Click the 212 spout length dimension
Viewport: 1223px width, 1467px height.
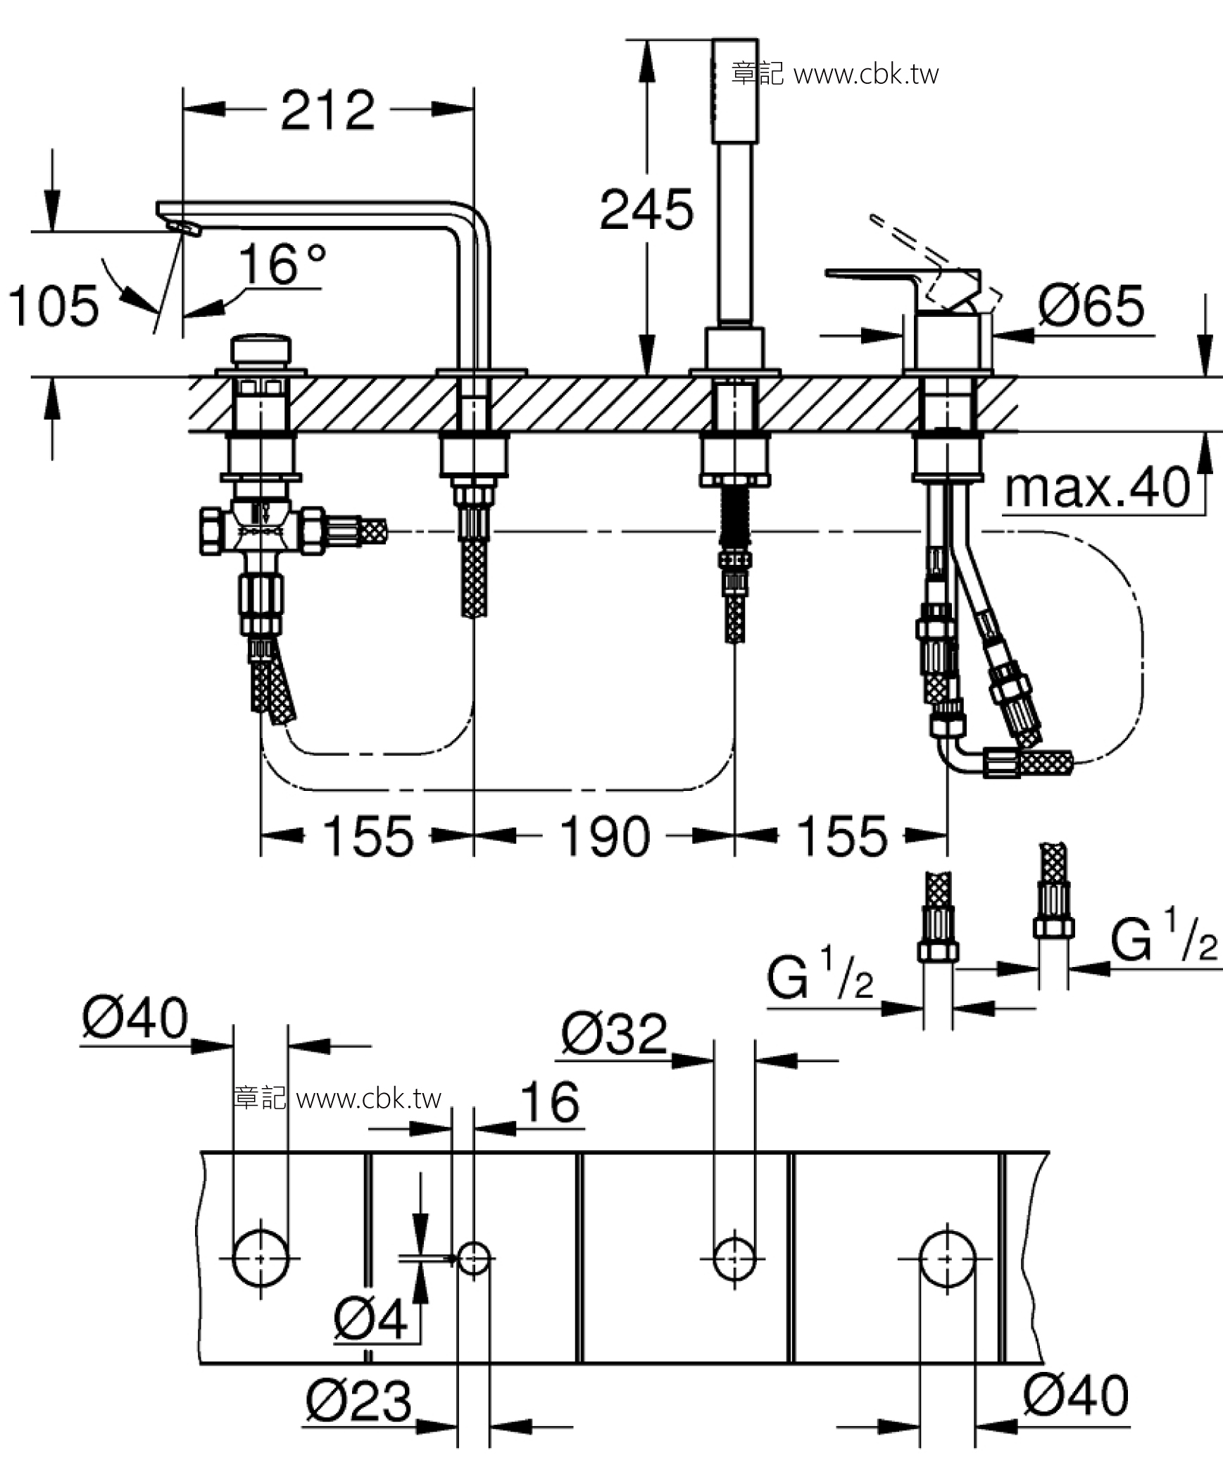point(327,111)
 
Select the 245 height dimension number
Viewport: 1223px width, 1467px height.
point(646,211)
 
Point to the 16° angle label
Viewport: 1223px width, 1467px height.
point(282,264)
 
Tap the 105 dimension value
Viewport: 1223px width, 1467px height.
point(54,306)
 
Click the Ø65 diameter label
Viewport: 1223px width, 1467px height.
point(1091,306)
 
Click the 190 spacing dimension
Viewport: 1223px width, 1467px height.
point(604,837)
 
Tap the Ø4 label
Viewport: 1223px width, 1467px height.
point(370,1318)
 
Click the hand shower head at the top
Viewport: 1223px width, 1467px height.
point(734,92)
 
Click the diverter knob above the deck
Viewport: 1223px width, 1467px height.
point(261,350)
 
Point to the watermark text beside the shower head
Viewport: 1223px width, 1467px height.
point(834,74)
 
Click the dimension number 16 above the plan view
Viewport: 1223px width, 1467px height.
point(550,1103)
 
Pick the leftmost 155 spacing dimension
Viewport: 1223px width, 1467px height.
point(368,837)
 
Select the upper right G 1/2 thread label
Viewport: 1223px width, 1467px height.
point(1163,937)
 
